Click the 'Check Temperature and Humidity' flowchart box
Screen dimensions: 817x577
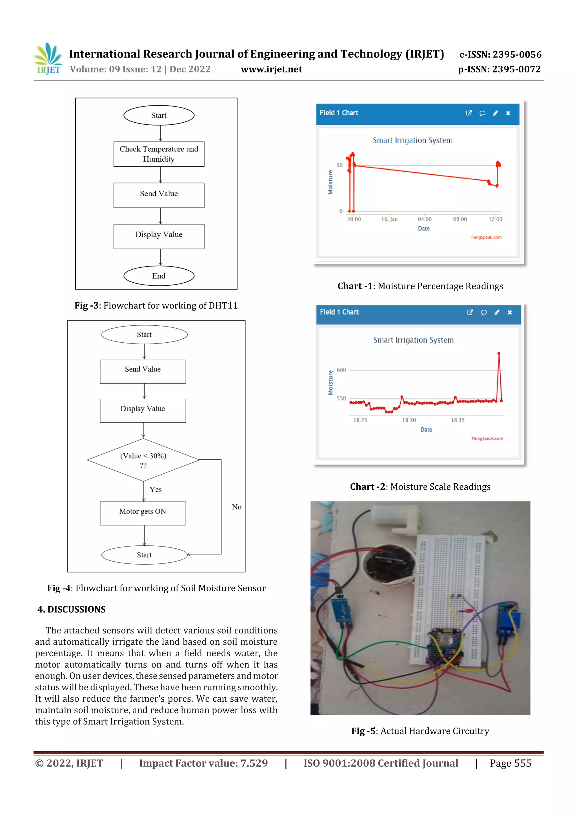click(159, 154)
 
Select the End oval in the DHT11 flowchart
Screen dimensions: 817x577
click(159, 276)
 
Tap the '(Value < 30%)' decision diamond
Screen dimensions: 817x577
click(143, 460)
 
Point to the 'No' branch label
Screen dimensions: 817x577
click(236, 507)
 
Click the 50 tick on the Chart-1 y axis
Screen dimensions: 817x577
click(339, 165)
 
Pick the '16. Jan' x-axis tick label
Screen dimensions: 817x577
click(389, 219)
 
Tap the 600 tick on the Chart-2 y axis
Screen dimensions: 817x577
click(341, 370)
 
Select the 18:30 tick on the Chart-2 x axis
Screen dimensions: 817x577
click(409, 420)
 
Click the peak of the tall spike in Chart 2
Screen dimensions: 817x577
click(499, 353)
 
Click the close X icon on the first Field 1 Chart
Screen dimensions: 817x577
click(508, 113)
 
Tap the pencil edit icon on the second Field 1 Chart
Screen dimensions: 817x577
click(497, 312)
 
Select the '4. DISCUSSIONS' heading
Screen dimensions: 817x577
click(72, 609)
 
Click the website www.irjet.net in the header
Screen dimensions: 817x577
click(272, 69)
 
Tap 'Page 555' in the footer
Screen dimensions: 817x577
click(510, 763)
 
